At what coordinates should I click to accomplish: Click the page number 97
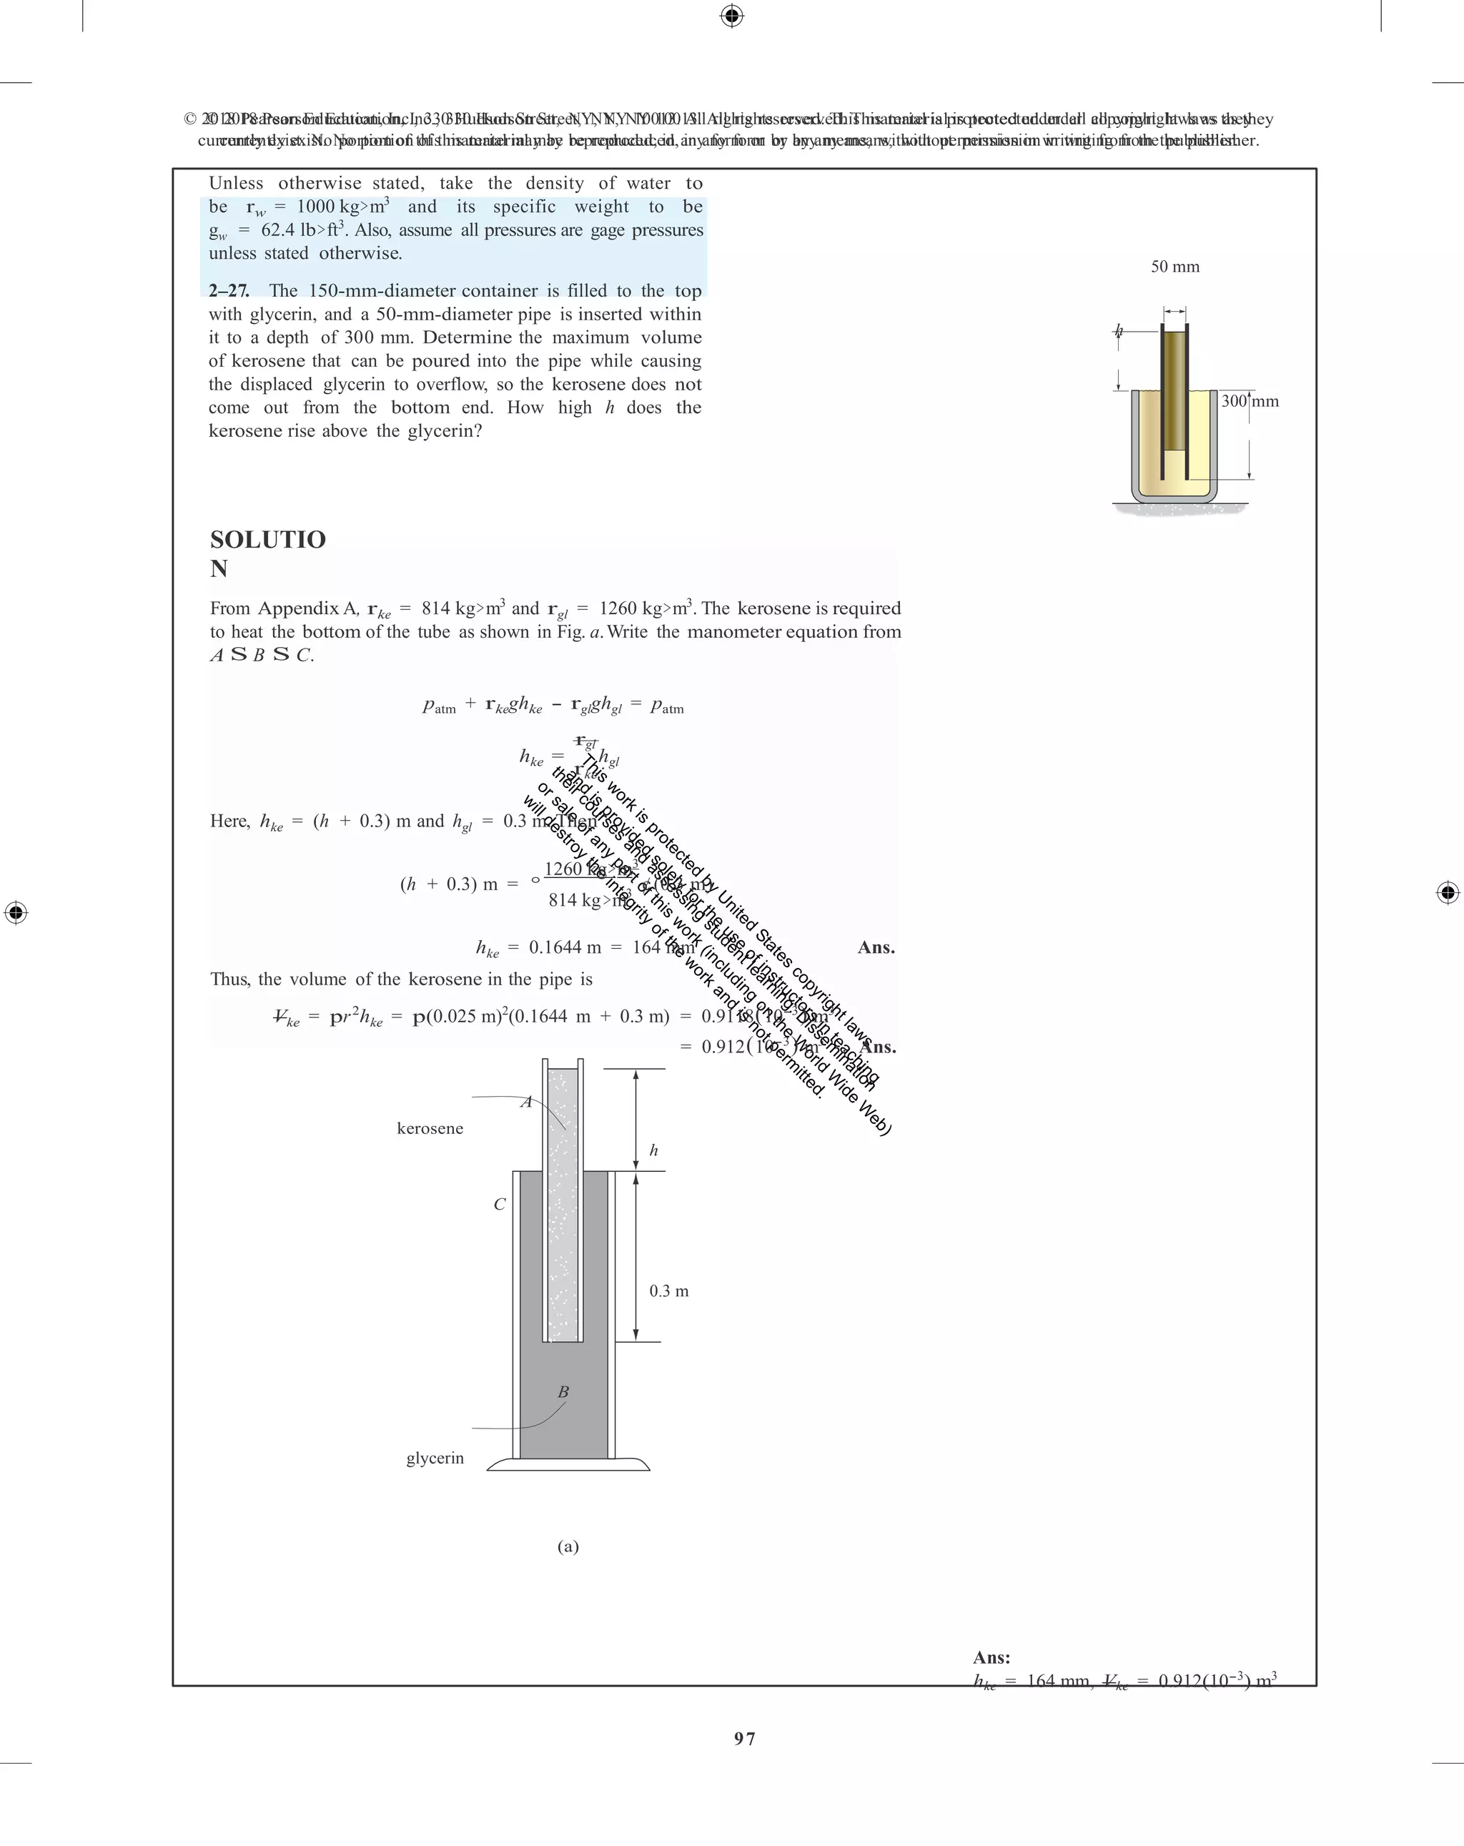(x=744, y=1738)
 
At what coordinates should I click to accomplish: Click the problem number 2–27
(x=229, y=291)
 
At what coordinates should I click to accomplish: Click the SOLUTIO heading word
(x=267, y=541)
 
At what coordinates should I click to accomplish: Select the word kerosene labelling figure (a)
(x=430, y=1128)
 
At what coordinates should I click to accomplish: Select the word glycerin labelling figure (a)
(x=435, y=1458)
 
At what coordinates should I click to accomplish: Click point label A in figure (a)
(x=527, y=1102)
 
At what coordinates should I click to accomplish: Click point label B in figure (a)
(x=563, y=1392)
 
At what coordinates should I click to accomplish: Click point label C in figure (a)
(x=500, y=1205)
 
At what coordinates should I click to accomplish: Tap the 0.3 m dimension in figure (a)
(x=668, y=1291)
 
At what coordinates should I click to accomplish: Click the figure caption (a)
(x=568, y=1546)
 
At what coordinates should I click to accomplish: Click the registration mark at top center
(x=731, y=16)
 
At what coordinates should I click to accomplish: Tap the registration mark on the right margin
(x=1447, y=892)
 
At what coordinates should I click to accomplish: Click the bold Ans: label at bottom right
(x=991, y=1658)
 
